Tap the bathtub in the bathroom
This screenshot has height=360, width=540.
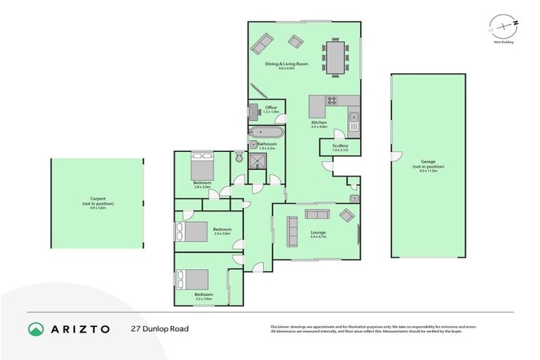265,132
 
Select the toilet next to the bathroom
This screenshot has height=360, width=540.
239,158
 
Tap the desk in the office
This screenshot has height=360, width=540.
253,112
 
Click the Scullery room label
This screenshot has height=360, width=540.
340,147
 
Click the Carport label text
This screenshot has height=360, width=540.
96,200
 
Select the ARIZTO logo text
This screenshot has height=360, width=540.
79,328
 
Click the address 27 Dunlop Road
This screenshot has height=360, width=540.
160,328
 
